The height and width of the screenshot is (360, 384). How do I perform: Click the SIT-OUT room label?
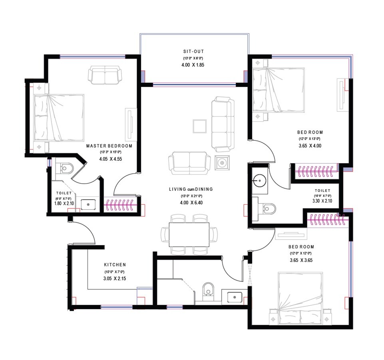tap(193, 52)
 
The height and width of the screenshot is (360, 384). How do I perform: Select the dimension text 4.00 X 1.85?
tap(193, 65)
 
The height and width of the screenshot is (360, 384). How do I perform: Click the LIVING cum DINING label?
tap(191, 189)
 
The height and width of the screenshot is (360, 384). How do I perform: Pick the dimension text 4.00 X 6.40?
tap(191, 203)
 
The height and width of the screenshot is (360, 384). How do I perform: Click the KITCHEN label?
tap(115, 265)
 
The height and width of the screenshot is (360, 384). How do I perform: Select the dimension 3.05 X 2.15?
tap(115, 278)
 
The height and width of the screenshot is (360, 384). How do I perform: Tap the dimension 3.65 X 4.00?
tap(310, 146)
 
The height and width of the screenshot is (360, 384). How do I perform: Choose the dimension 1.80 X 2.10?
tap(63, 204)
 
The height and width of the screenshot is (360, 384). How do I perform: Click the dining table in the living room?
tap(189, 234)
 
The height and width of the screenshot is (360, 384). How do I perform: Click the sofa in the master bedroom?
tap(105, 74)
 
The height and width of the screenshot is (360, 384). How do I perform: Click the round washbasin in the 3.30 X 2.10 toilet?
tap(260, 181)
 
